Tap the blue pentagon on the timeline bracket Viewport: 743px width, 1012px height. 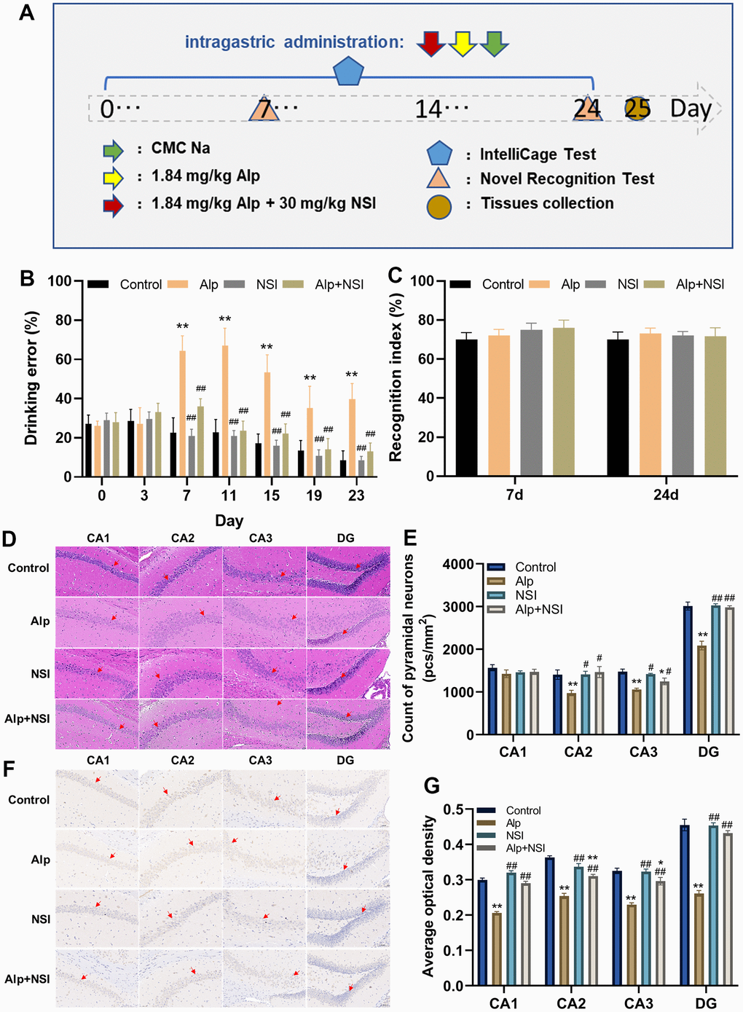(348, 71)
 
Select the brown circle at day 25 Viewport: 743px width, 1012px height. (637, 109)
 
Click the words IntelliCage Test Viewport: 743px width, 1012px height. (538, 154)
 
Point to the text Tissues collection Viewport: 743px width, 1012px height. (547, 203)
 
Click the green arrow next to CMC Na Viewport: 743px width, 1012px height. (113, 151)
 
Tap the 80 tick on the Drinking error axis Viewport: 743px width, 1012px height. (63, 320)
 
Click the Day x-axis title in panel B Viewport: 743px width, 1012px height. (229, 521)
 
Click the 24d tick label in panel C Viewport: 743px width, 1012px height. (666, 495)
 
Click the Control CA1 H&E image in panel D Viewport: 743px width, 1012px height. (97, 572)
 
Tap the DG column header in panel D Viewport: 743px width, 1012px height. (345, 538)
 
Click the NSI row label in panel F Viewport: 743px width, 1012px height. (41, 919)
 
